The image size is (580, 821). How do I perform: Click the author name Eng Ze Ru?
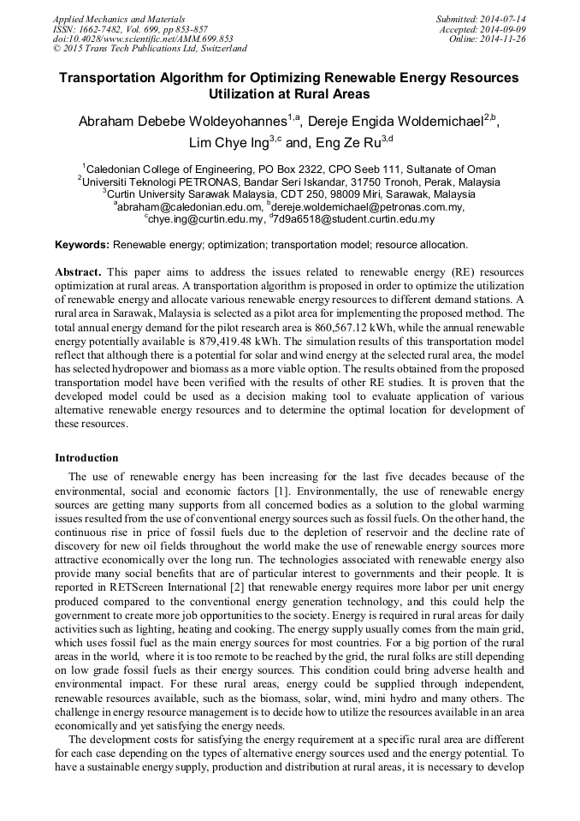click(347, 142)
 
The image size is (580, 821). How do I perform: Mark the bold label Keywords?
click(82, 244)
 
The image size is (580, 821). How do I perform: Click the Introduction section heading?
click(86, 458)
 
